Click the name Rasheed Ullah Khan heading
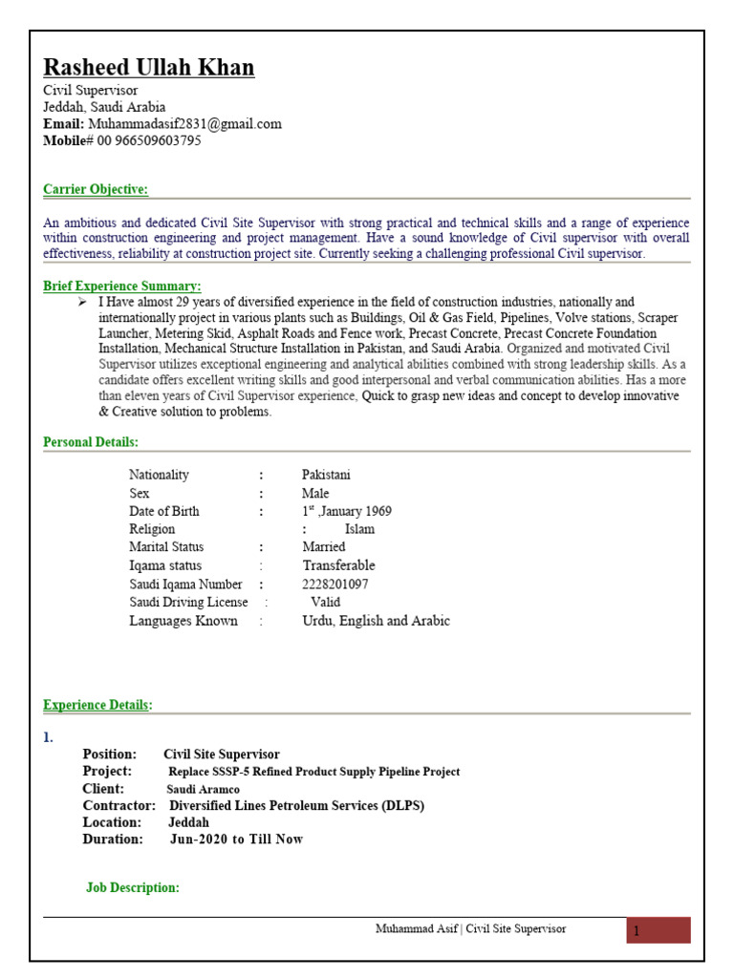[149, 68]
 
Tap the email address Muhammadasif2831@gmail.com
[184, 124]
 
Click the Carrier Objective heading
[96, 189]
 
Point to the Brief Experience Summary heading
[122, 286]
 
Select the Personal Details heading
[91, 441]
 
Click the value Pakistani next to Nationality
[326, 475]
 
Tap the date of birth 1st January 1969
[346, 511]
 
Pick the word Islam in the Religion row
[359, 529]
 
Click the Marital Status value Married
[324, 547]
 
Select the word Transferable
[338, 565]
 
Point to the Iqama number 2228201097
[335, 584]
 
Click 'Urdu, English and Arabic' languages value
[376, 621]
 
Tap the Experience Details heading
[97, 705]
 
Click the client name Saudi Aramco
[204, 789]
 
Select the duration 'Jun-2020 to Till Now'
[236, 840]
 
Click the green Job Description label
[133, 887]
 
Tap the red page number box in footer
[658, 930]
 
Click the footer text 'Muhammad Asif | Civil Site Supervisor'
[470, 928]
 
